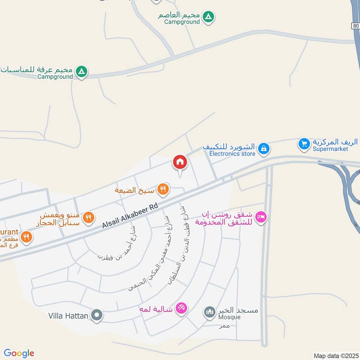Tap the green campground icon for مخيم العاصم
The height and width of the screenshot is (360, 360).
click(x=208, y=17)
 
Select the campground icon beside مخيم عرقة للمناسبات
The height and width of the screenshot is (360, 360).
click(x=81, y=71)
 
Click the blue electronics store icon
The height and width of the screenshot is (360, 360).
click(x=264, y=148)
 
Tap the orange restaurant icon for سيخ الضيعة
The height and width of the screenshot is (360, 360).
click(x=163, y=189)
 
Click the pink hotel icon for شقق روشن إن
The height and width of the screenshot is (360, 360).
click(x=261, y=218)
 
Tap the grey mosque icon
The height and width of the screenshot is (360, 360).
click(x=209, y=311)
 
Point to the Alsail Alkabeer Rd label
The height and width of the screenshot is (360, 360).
click(x=130, y=215)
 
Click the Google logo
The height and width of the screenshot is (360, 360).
click(x=19, y=353)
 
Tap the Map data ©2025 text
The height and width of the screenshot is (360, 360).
click(x=335, y=355)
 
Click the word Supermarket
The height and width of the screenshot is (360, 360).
click(x=330, y=149)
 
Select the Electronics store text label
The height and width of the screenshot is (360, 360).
click(x=232, y=153)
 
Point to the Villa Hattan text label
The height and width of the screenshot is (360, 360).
click(x=68, y=316)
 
